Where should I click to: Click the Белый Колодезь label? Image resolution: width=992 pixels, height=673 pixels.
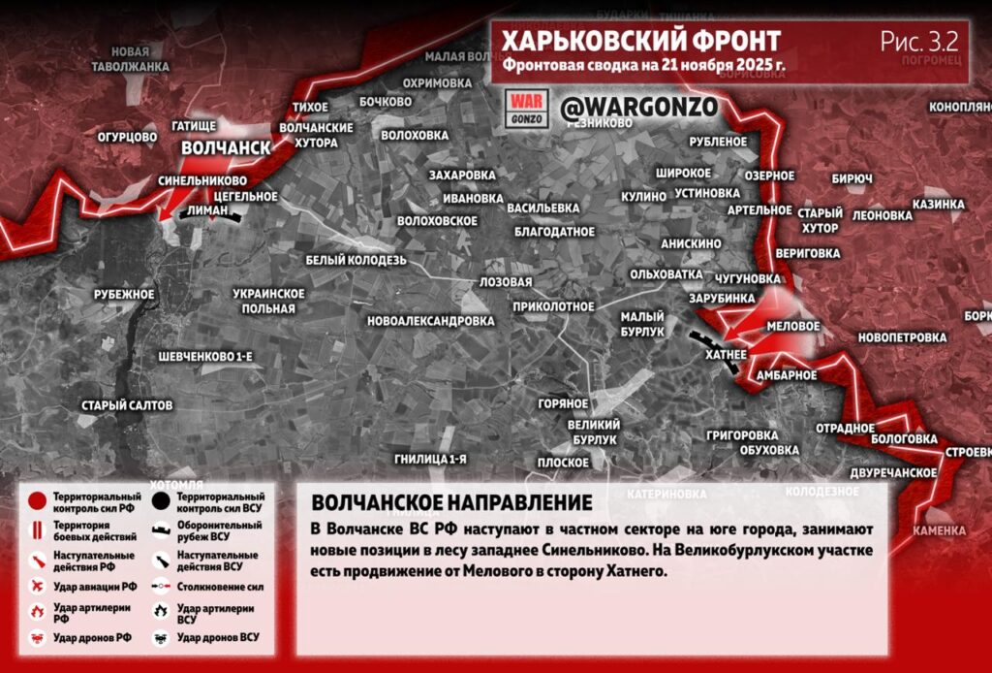click(356, 260)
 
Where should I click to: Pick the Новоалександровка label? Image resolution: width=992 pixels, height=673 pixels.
click(431, 321)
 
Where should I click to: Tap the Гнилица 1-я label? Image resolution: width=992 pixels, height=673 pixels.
click(431, 459)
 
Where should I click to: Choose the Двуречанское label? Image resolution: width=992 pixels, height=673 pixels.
click(893, 472)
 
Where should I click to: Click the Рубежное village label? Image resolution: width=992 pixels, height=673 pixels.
click(125, 294)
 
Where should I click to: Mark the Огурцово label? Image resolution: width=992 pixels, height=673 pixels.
click(127, 137)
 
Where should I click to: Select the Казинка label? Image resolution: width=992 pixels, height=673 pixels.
click(939, 204)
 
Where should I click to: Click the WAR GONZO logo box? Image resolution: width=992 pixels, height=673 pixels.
click(528, 108)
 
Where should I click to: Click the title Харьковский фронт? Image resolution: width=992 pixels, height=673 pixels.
click(640, 41)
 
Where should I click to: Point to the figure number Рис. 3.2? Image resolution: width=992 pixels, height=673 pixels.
click(918, 41)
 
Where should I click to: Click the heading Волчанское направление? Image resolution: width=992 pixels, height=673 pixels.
click(451, 503)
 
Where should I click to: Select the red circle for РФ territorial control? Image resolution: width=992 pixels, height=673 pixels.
click(38, 500)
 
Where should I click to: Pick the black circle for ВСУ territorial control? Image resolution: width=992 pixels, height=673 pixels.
click(162, 500)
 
